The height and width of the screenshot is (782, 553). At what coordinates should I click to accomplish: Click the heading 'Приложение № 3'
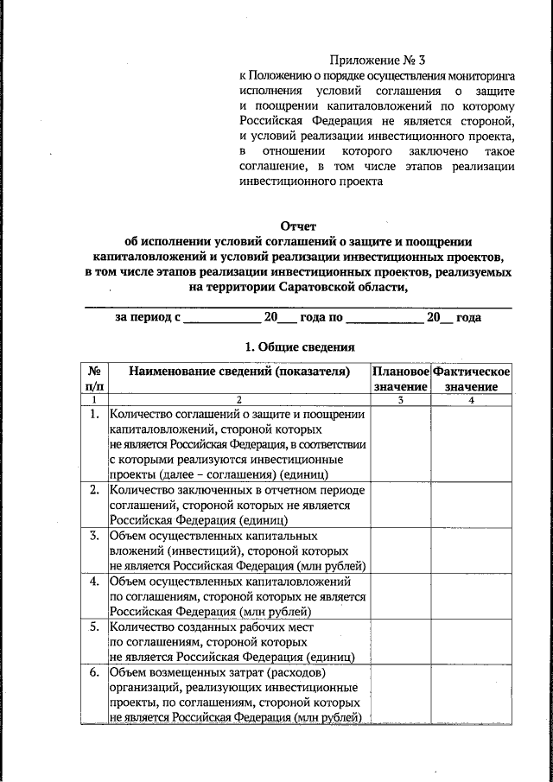click(378, 60)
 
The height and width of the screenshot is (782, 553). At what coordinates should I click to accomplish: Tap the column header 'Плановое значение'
click(400, 378)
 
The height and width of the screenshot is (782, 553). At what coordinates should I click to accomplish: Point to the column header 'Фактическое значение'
click(471, 378)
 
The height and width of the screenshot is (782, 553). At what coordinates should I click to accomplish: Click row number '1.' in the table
click(93, 415)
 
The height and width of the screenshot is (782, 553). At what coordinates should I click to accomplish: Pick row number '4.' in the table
click(93, 581)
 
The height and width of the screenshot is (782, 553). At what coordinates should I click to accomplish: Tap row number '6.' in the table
click(93, 672)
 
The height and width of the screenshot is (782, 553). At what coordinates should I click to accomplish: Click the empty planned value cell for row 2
click(400, 505)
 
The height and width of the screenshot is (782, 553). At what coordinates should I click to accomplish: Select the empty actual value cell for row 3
click(471, 550)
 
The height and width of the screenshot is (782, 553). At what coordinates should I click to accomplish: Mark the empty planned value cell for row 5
click(400, 641)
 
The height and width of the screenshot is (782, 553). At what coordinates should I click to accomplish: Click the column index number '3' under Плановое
click(400, 400)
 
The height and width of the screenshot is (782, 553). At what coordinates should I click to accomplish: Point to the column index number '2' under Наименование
click(239, 400)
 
